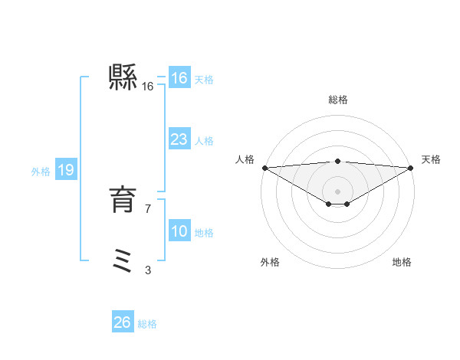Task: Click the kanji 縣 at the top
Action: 123,77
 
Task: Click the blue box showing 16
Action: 179,78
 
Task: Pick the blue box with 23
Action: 179,139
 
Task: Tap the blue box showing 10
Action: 179,231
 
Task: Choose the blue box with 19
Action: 65,170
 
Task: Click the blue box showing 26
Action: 122,322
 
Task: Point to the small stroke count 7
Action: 148,208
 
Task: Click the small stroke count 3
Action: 148,270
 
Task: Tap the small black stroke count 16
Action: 148,87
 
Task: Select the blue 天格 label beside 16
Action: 204,80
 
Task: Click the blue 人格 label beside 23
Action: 204,141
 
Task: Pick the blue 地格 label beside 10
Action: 204,233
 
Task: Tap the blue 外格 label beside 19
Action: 41,172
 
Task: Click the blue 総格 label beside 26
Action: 147,324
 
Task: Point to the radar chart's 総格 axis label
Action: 337,100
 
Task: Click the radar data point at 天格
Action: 411,168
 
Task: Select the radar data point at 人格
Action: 264,168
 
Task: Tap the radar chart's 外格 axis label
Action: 270,262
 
